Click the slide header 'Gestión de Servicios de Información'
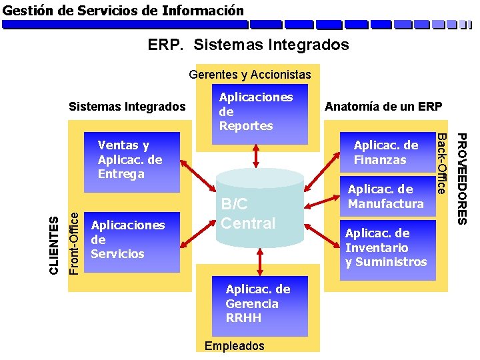[123, 11]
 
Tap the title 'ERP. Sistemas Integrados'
[248, 45]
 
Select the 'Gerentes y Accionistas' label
[250, 74]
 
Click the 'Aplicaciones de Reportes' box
[257, 111]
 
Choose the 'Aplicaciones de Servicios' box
[127, 239]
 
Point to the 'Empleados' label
[235, 346]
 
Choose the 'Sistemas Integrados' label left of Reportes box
[127, 107]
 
